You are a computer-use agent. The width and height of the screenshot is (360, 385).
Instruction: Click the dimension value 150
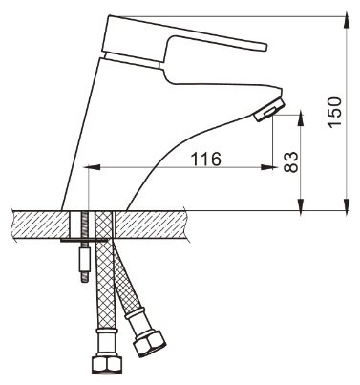335,112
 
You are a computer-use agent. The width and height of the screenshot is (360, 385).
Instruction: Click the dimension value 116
205,159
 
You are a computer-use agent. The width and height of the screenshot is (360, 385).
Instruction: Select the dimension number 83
291,161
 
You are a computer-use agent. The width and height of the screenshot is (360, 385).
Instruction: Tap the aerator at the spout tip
269,110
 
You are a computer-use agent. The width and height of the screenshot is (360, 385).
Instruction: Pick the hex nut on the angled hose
149,344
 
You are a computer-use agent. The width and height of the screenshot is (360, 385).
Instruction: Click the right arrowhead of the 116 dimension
266,167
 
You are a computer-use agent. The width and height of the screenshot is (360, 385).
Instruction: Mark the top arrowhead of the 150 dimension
346,19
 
